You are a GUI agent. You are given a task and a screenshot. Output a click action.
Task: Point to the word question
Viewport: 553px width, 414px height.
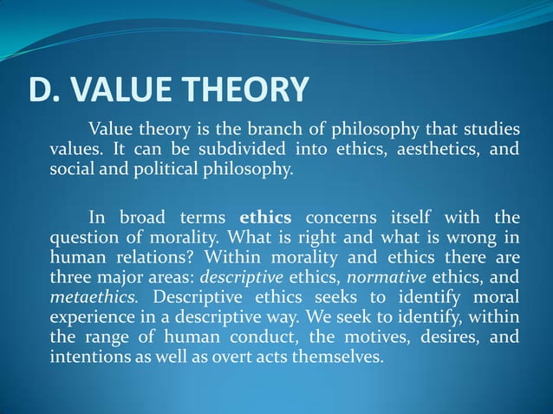coord(81,236)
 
